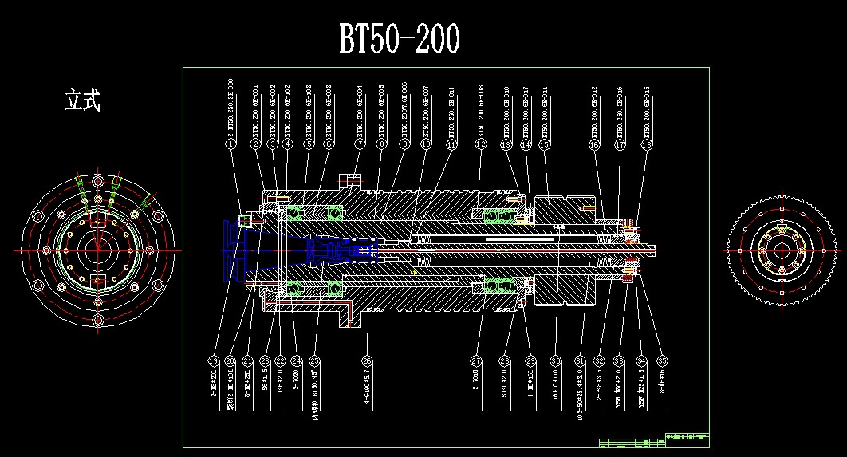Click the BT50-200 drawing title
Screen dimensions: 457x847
pos(400,38)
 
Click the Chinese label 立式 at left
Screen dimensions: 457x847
pos(82,100)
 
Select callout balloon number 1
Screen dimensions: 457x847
pos(230,145)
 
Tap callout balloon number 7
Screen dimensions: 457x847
pos(360,145)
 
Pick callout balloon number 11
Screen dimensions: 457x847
pos(452,145)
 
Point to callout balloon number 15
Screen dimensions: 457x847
pos(545,145)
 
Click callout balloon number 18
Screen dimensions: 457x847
pos(646,145)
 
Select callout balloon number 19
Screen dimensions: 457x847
pos(214,360)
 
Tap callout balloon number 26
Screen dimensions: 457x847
pos(367,360)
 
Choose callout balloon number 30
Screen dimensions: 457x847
pos(556,360)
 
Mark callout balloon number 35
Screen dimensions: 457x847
pos(661,360)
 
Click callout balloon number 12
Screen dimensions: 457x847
pos(480,145)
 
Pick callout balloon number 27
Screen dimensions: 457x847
pos(476,360)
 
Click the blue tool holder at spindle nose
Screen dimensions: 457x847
pos(239,249)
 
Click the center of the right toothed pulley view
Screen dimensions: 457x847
pos(782,250)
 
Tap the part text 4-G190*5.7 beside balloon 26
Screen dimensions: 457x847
pos(367,391)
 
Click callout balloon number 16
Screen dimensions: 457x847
pos(594,145)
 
